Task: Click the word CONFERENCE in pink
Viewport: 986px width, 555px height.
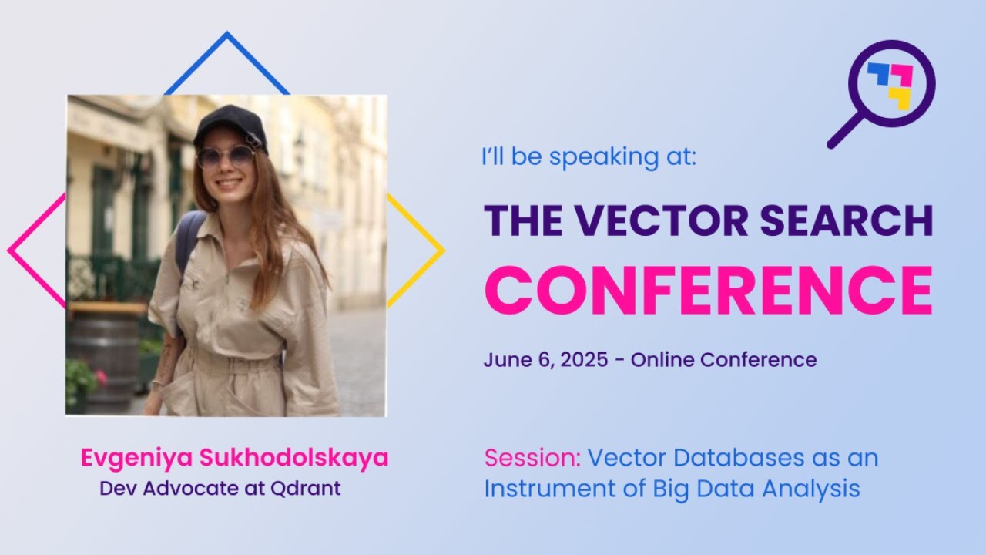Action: [708, 290]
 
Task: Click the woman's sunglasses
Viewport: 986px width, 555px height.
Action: [225, 156]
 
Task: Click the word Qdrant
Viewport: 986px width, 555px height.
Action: [305, 489]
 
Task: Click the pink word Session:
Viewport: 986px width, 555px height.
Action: [532, 458]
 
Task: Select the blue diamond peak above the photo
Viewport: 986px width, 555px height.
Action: [226, 35]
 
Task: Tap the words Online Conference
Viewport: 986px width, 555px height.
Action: [723, 359]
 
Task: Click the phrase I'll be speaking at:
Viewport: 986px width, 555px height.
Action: [589, 157]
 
